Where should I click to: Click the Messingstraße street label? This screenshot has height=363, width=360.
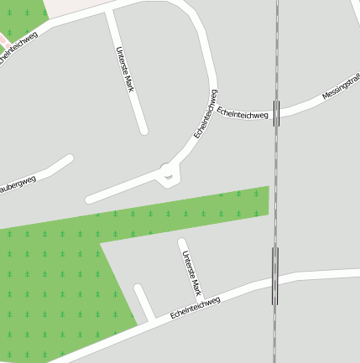(x=340, y=87)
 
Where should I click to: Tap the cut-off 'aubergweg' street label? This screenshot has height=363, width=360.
(x=17, y=185)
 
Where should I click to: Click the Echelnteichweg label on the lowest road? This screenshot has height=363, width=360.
(x=195, y=308)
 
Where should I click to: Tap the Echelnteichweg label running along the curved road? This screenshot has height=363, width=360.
(x=206, y=113)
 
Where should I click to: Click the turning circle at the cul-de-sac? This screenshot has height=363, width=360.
(x=169, y=174)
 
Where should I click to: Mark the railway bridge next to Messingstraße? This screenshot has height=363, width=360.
(x=277, y=108)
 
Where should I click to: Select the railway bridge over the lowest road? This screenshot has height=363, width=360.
(x=274, y=275)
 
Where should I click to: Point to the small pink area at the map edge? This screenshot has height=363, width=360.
(x=3, y=39)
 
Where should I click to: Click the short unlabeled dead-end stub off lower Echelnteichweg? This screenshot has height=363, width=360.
(x=143, y=303)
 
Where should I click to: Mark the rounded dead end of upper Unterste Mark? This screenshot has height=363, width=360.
(x=144, y=130)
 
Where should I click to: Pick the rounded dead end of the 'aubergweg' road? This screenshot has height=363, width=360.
(x=69, y=158)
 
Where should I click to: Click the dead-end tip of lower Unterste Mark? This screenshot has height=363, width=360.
(x=181, y=243)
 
